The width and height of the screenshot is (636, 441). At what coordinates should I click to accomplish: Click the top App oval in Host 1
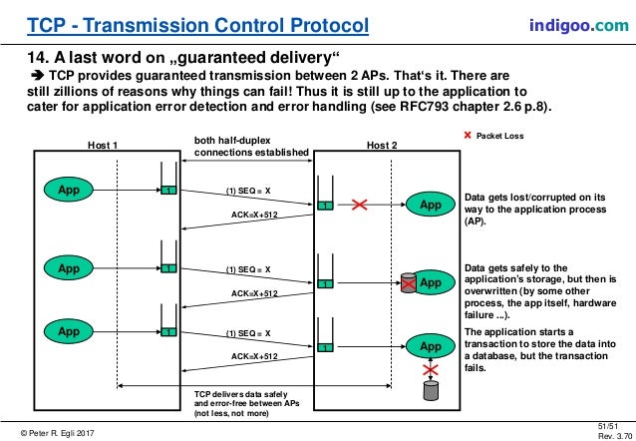(68, 188)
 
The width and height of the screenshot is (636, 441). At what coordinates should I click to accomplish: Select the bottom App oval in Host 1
(68, 328)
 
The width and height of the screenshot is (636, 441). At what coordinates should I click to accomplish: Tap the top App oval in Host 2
(430, 205)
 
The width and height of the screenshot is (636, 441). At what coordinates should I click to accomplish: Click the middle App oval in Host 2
(430, 282)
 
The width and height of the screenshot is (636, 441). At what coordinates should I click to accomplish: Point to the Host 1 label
(103, 146)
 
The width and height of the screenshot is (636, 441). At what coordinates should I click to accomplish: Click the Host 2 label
(381, 146)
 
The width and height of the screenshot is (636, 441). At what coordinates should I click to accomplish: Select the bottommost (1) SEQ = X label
(248, 332)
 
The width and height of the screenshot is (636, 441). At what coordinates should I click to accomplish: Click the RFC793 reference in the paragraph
(424, 108)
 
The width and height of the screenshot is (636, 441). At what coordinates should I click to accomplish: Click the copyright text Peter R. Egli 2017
(60, 430)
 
